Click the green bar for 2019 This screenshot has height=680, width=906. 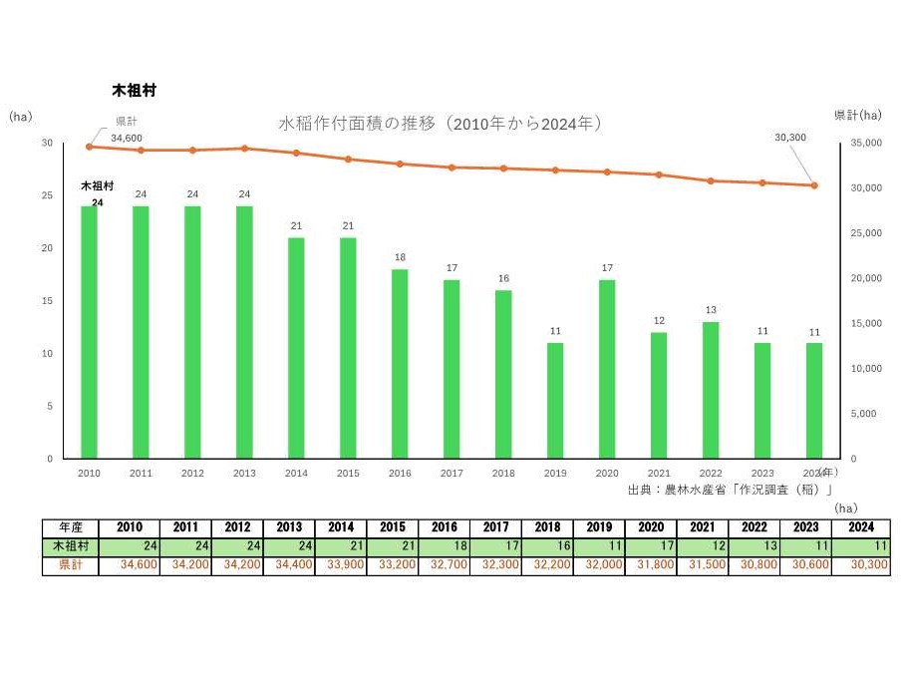555,401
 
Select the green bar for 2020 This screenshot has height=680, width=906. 607,369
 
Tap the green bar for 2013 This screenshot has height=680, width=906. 244,332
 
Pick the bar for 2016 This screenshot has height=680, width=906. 400,364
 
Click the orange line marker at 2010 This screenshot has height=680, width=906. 89,147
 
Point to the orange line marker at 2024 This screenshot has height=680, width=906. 814,185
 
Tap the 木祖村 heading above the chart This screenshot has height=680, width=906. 134,90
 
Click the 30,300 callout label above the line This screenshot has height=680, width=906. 790,138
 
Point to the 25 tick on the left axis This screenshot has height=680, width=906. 47,195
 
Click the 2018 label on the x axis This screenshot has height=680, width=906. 503,474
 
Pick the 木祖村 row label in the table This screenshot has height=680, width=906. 70,546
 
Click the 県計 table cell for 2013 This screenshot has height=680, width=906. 288,565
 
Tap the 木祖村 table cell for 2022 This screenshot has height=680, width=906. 754,546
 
